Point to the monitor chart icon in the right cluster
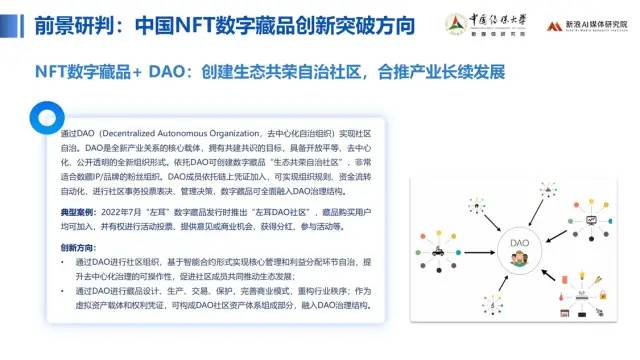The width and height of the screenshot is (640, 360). pyautogui.click(x=592, y=219)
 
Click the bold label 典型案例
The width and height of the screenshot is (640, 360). pyautogui.click(x=80, y=214)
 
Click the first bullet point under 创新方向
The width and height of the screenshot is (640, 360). pyautogui.click(x=66, y=261)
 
